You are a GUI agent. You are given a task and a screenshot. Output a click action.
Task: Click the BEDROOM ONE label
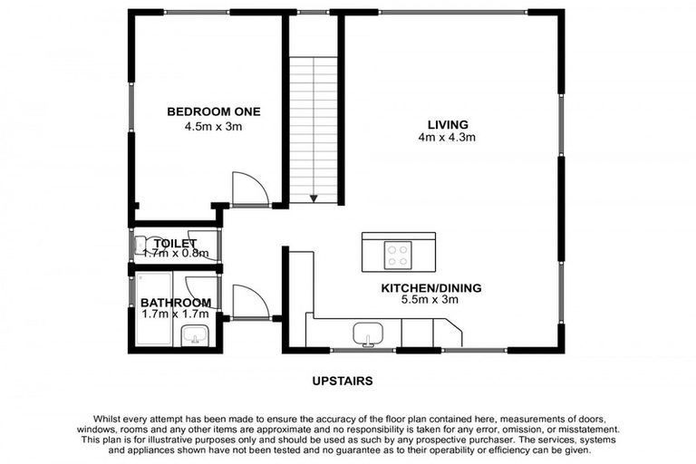coord(213,111)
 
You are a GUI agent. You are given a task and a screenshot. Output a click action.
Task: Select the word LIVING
coord(448,124)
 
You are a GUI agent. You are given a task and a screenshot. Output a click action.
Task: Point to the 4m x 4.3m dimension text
coord(448,138)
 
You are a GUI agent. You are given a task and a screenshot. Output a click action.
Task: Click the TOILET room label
coord(176,243)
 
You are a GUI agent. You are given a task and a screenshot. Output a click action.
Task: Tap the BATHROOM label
coord(176,302)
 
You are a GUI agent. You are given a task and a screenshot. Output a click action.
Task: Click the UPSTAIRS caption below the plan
coord(343,382)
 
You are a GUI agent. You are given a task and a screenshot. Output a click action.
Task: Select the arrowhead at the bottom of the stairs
coord(314,198)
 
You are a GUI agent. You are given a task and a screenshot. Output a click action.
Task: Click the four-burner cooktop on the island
coord(398,253)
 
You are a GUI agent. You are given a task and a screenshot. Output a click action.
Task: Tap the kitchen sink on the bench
coord(366,333)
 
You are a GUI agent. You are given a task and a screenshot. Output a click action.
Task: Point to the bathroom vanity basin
coord(195,337)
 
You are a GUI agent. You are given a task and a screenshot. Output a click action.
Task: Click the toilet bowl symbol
coord(141,246)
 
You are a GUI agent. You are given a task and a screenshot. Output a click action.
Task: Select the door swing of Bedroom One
coord(249,188)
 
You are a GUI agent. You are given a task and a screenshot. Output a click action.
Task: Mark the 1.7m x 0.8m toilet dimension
coord(176,255)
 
